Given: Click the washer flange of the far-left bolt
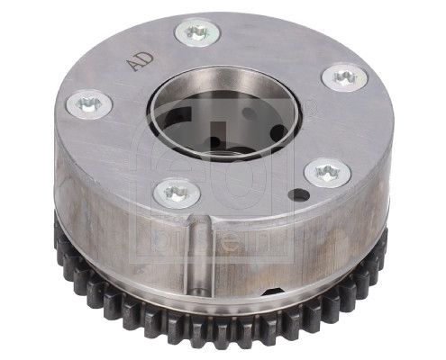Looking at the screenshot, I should click(77, 108).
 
